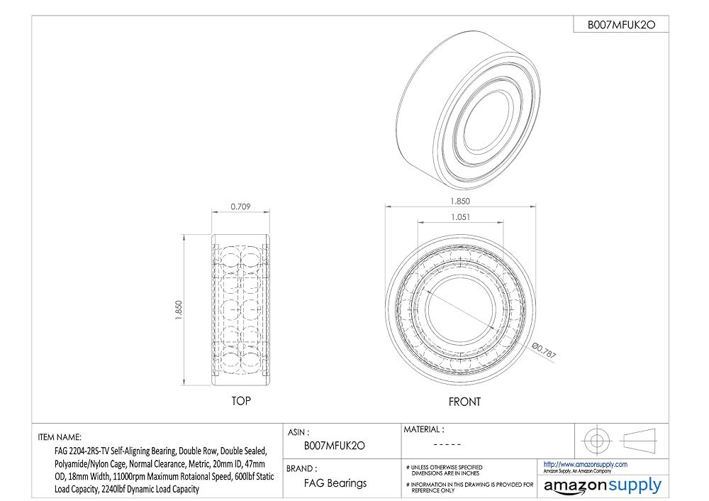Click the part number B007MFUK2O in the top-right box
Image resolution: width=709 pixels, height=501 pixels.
[x=621, y=25]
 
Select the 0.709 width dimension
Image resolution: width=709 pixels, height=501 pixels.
[x=240, y=207]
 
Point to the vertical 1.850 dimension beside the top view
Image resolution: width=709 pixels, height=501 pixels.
[x=178, y=310]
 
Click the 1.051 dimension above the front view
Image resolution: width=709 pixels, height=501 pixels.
[x=460, y=217]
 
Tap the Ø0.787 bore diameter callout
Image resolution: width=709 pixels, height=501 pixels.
[x=544, y=351]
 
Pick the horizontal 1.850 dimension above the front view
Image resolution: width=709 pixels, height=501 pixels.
[x=460, y=201]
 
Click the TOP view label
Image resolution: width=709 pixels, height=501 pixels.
[x=241, y=401]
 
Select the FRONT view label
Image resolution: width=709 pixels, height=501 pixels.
[x=464, y=402]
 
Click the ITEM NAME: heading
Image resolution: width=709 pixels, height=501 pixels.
[x=60, y=437]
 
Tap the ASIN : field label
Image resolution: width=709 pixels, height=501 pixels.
[x=299, y=432]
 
